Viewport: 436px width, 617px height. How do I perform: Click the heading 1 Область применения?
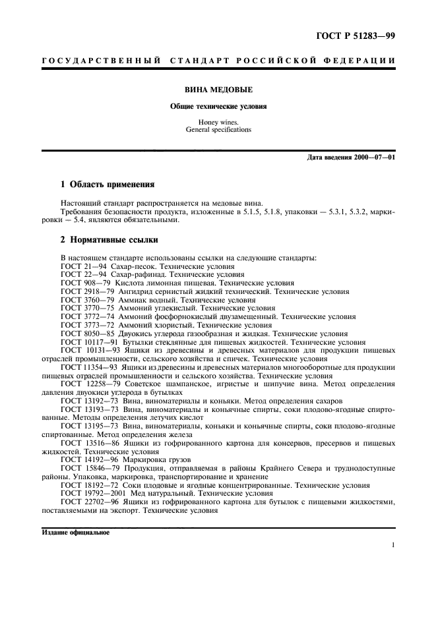(x=107, y=185)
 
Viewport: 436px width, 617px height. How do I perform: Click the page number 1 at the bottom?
(x=392, y=546)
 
